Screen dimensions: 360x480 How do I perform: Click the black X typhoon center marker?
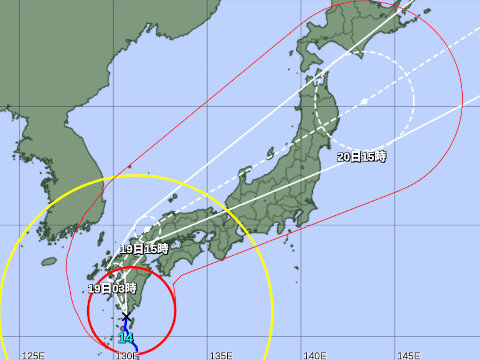pos(126,318)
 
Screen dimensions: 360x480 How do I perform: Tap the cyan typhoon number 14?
pos(125,339)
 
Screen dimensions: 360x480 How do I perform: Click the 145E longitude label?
pos(409,353)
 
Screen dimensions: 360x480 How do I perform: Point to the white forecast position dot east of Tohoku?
pos(364,102)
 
